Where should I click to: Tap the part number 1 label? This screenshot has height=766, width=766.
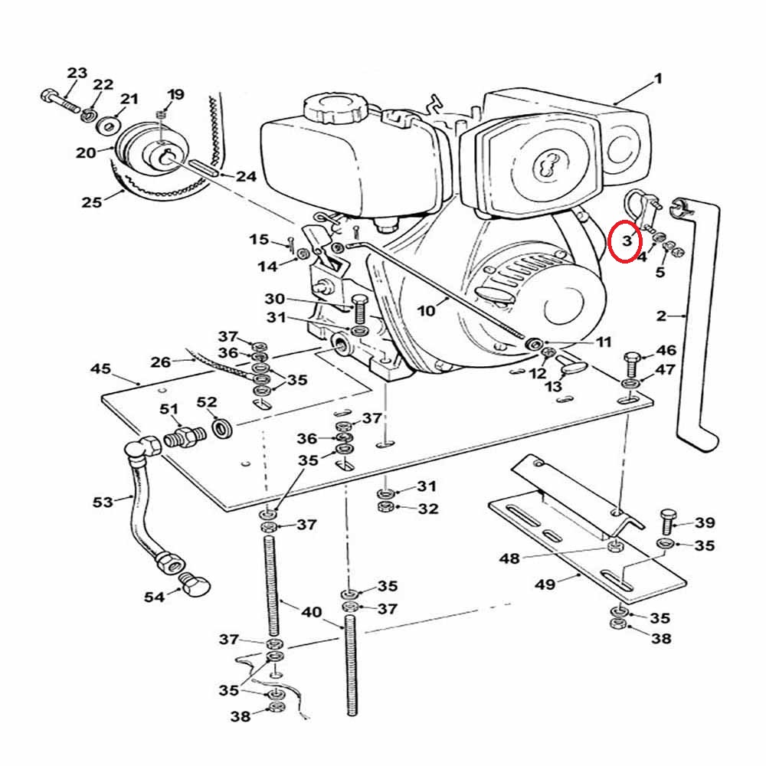pos(656,79)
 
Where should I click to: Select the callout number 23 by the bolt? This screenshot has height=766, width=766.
pos(77,74)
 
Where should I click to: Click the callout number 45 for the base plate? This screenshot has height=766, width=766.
pos(100,369)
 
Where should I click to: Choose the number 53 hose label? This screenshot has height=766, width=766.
pos(103,502)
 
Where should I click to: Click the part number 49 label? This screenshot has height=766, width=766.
pos(545,584)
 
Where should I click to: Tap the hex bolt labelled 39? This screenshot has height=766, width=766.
pos(666,522)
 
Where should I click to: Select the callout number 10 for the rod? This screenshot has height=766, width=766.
pos(426,310)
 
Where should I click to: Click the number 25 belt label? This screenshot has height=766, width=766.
pos(91,203)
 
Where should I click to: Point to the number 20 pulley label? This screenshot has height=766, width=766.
pos(86,152)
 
